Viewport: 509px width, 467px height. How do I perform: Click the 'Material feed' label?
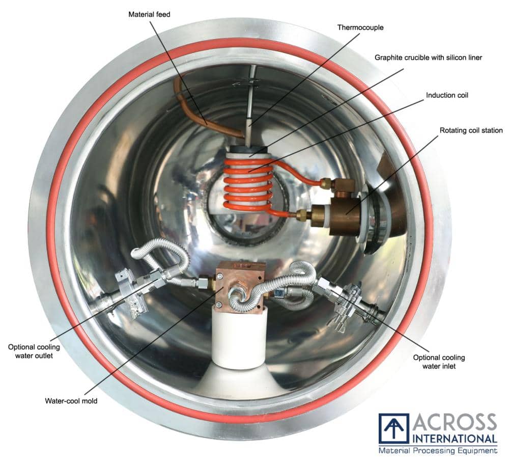(x=149, y=14)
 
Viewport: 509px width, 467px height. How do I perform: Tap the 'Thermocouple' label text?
(x=360, y=28)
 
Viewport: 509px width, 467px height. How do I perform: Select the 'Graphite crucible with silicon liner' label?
(x=428, y=58)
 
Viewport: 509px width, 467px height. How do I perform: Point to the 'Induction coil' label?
(x=447, y=95)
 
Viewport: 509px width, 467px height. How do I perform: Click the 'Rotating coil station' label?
(x=471, y=130)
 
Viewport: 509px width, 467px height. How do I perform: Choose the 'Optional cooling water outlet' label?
(x=34, y=351)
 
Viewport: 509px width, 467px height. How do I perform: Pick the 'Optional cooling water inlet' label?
(x=439, y=362)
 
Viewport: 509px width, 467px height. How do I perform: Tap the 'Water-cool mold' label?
(x=71, y=401)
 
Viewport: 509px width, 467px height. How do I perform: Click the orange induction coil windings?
(x=248, y=187)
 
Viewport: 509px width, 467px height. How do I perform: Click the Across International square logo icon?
(x=394, y=428)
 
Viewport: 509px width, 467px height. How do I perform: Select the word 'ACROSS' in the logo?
(x=455, y=422)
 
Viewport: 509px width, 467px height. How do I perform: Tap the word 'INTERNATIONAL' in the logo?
(x=455, y=439)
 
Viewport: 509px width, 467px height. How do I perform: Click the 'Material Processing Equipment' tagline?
(x=438, y=450)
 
